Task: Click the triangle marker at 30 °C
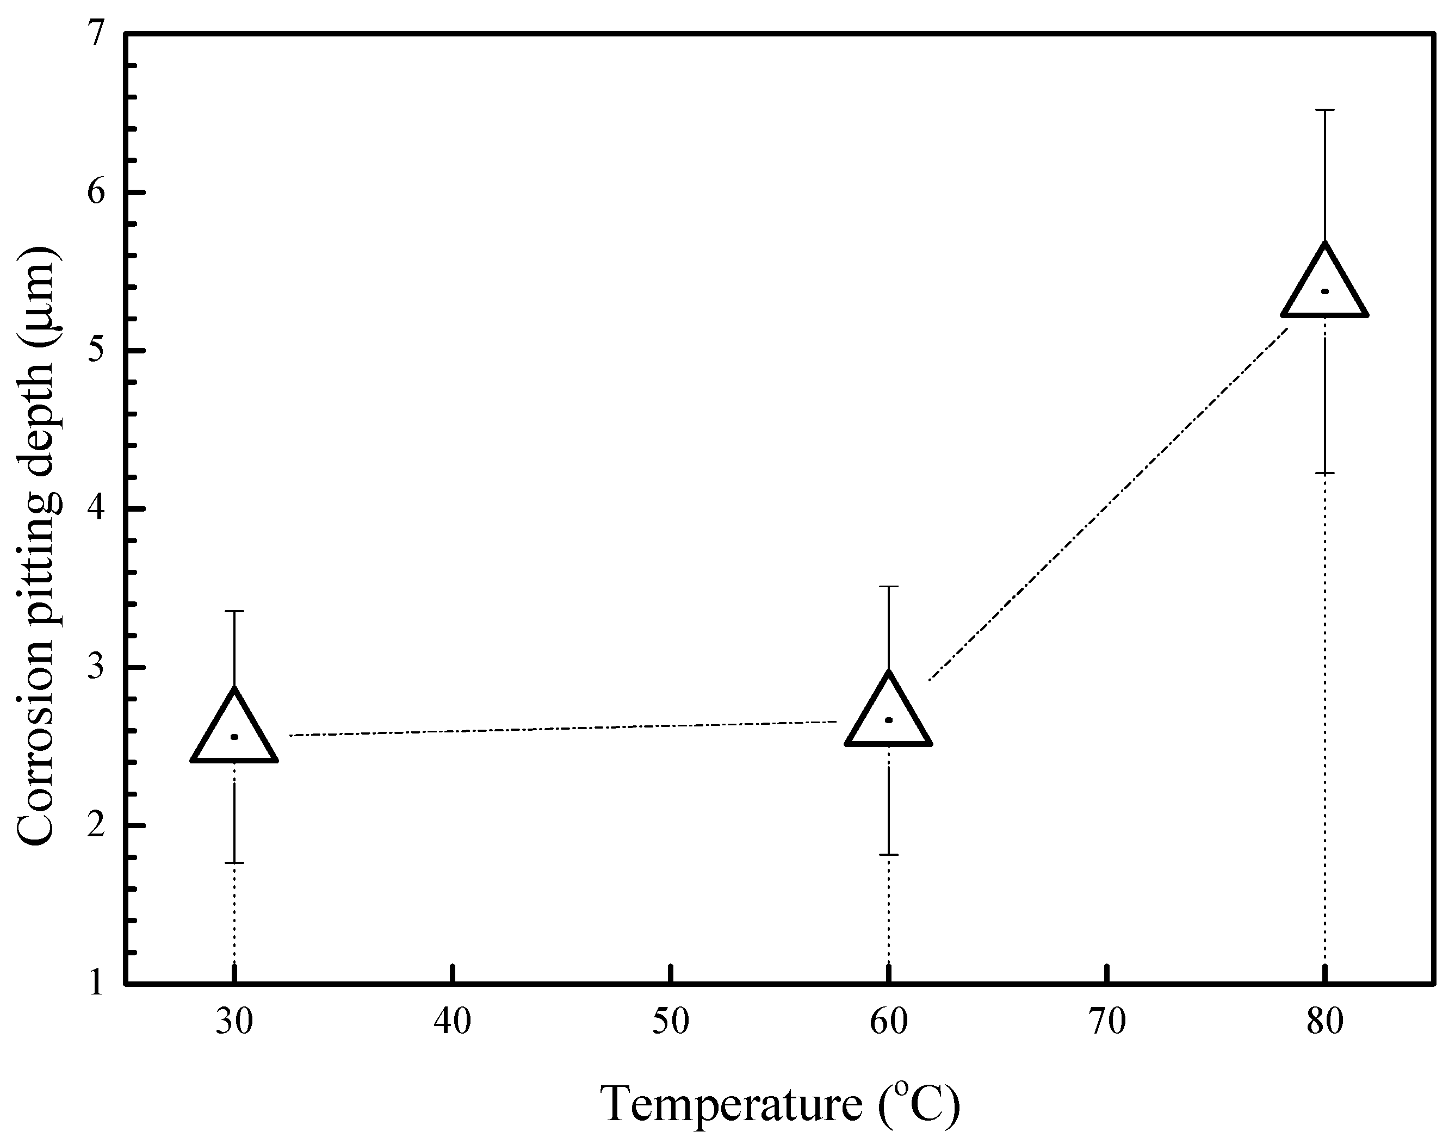click(x=234, y=734)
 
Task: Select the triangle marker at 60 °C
click(x=888, y=717)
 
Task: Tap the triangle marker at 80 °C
click(x=1324, y=289)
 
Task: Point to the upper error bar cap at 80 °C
click(x=1324, y=110)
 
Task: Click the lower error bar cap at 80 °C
click(x=1324, y=474)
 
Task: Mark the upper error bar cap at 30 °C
click(x=234, y=612)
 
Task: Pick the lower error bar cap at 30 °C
click(x=234, y=863)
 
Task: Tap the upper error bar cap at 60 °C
click(x=888, y=587)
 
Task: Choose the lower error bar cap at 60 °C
click(x=888, y=855)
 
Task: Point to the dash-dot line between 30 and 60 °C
click(x=563, y=729)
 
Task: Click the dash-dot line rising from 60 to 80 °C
click(x=1105, y=507)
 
